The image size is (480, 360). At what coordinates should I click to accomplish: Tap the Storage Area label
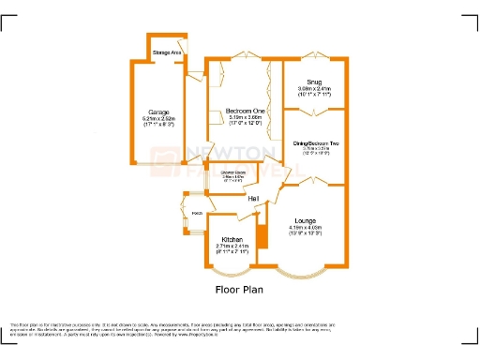[167, 52]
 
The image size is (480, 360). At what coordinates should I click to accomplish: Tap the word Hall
[254, 199]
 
